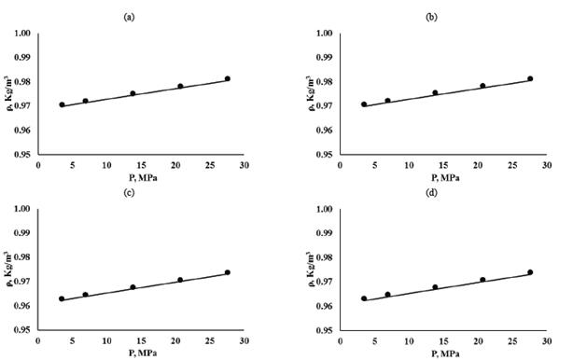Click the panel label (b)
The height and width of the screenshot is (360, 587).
431,17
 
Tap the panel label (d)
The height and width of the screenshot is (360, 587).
431,194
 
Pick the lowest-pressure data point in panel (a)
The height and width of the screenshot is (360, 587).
63,104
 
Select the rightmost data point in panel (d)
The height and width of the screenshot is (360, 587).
530,272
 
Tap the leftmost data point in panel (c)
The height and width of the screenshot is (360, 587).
62,299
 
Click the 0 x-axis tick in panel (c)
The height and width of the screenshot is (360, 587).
38,340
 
